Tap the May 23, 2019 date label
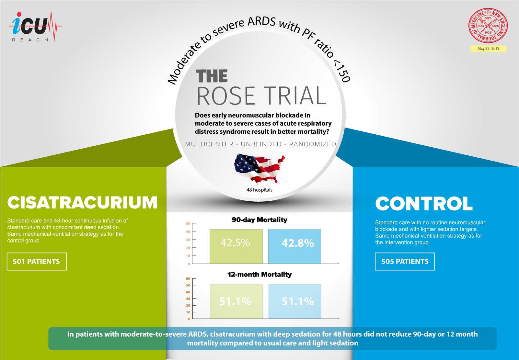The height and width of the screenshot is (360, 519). click(488, 49)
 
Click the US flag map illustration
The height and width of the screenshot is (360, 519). click(259, 169)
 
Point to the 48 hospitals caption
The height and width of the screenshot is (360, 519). click(259, 190)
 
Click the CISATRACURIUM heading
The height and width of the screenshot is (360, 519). click(82, 203)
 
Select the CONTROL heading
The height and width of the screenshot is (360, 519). click(424, 204)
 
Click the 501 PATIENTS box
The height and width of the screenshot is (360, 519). click(37, 262)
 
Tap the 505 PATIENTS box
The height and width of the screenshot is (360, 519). click(405, 262)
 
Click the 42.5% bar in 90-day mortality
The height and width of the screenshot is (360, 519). click(236, 246)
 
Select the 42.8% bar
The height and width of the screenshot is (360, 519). click(294, 246)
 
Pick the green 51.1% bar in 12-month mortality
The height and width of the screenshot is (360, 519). click(236, 301)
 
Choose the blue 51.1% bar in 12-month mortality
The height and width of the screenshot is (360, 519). click(295, 301)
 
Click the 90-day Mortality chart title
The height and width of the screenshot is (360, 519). click(259, 220)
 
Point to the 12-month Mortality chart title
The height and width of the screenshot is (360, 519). click(259, 275)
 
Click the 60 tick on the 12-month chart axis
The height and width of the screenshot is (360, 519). click(188, 279)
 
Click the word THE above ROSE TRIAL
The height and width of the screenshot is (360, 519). click(212, 76)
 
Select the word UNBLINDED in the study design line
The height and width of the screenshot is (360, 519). click(261, 144)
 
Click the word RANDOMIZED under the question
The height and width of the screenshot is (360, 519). click(312, 144)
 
